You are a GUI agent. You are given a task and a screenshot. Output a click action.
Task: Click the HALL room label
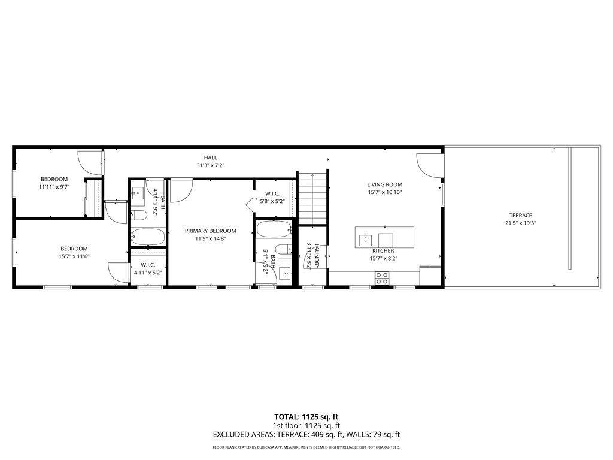click(x=210, y=158)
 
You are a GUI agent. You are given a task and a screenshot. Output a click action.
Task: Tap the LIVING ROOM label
click(x=384, y=184)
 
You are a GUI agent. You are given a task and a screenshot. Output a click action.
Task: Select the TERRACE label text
click(x=520, y=216)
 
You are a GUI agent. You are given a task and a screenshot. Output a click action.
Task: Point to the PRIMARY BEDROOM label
click(x=210, y=231)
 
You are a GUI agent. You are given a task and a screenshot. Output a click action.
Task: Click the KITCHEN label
click(x=384, y=251)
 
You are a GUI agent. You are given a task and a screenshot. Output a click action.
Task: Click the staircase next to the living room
click(x=313, y=198)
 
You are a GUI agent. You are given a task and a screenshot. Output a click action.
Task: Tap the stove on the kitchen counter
click(x=381, y=277)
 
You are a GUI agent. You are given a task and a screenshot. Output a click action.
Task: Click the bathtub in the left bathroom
click(x=147, y=237)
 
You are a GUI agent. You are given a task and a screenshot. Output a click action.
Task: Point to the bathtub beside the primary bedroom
click(x=274, y=229)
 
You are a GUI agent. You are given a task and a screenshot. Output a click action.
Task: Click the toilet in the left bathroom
click(x=138, y=216)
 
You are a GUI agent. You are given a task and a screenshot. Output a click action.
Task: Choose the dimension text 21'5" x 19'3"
click(x=520, y=223)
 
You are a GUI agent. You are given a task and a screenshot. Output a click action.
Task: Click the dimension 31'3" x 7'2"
click(x=210, y=165)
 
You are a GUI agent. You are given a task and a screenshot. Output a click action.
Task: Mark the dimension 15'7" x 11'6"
click(x=74, y=256)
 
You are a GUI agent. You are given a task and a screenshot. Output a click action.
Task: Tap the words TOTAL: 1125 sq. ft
click(x=306, y=417)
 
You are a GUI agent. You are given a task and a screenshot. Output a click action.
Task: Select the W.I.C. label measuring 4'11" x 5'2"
click(x=148, y=265)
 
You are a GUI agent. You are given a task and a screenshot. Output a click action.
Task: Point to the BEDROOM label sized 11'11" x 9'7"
click(x=54, y=179)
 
